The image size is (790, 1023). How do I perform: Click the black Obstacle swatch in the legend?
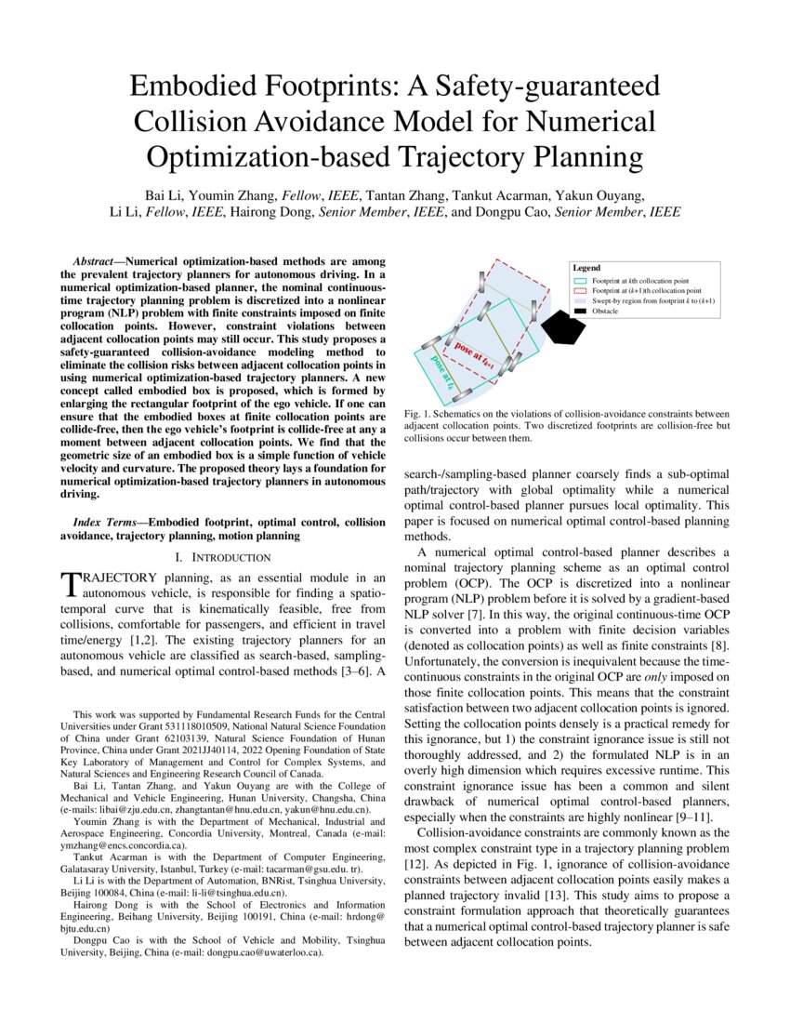[x=580, y=312]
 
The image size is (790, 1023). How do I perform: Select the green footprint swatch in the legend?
[x=580, y=280]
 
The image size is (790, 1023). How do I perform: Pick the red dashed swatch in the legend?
[x=580, y=290]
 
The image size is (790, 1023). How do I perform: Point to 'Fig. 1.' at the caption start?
[x=418, y=413]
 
